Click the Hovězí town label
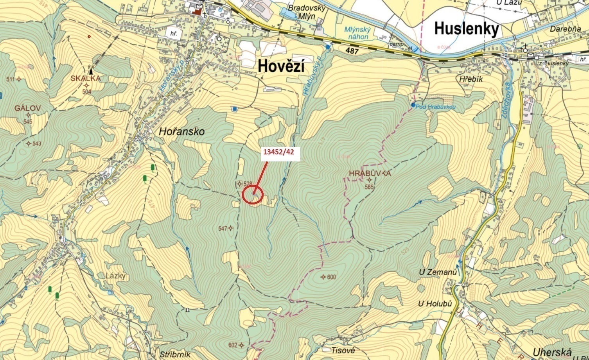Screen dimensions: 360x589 coord(281,67)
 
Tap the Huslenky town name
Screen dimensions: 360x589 coord(467,29)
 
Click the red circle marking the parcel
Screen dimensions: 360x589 coord(252,194)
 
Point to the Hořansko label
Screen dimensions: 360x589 coord(181,132)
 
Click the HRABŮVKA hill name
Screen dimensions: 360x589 coord(370,173)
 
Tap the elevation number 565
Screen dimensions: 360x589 coord(369,187)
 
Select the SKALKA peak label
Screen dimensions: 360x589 coord(86,78)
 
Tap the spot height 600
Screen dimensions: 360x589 coord(331,277)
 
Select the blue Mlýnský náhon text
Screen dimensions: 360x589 coord(357,33)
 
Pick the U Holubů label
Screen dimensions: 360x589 coord(435,304)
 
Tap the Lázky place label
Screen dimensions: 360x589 coord(116,276)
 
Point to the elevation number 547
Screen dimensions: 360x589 coord(223,228)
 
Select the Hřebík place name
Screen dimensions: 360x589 coord(471,79)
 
